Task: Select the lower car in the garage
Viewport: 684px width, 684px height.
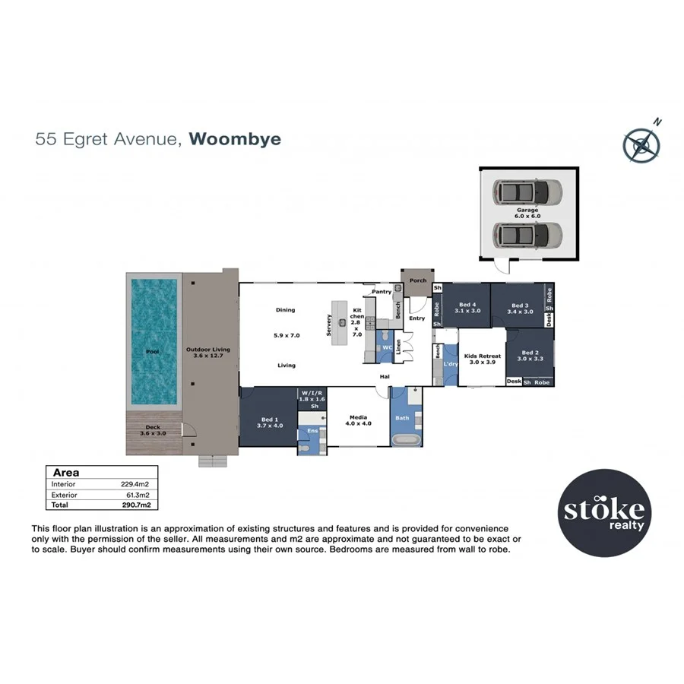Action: coord(526,235)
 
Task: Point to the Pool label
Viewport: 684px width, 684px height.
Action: coord(153,352)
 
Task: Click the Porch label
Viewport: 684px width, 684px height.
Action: coord(418,280)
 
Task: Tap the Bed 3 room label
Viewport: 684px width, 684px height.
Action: coord(521,305)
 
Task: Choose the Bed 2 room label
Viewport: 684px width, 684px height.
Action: coord(531,353)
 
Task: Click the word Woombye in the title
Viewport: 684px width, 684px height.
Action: coord(235,139)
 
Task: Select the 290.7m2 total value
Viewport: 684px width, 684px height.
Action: coord(138,504)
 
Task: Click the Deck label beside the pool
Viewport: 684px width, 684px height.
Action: coord(153,427)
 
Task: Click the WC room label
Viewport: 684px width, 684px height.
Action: coord(386,347)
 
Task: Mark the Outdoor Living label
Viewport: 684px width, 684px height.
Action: coord(207,350)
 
